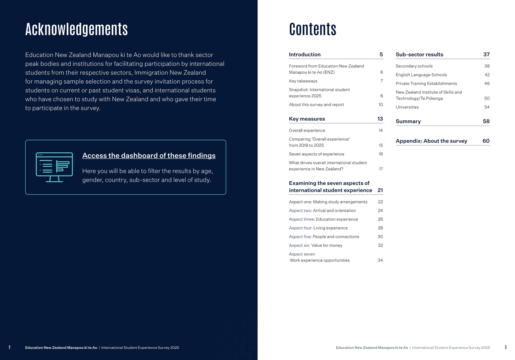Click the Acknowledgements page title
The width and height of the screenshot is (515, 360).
click(77, 29)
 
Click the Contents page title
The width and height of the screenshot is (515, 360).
click(312, 29)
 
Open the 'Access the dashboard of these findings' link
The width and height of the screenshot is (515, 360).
click(149, 156)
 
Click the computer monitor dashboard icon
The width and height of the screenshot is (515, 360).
click(54, 167)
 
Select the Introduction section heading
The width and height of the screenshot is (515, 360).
click(304, 55)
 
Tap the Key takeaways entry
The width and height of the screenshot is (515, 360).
click(303, 81)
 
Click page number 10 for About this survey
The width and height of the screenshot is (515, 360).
click(381, 105)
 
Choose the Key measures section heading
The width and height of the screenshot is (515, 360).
click(307, 119)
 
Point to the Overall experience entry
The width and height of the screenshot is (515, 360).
click(307, 130)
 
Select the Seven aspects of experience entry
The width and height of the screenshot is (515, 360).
click(316, 154)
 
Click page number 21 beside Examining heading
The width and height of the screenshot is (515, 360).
click(380, 190)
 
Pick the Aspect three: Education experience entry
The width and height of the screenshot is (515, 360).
click(323, 219)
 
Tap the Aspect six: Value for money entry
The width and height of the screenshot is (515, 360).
click(315, 245)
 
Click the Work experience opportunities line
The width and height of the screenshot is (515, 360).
click(320, 260)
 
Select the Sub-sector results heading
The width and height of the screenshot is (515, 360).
click(419, 55)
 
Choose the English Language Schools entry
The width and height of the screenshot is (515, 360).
click(421, 75)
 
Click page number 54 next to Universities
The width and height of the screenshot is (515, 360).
click(487, 107)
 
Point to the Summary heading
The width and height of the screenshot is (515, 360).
click(408, 121)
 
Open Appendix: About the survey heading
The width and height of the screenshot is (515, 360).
click(431, 141)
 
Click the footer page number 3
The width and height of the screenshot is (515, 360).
click(506, 348)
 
